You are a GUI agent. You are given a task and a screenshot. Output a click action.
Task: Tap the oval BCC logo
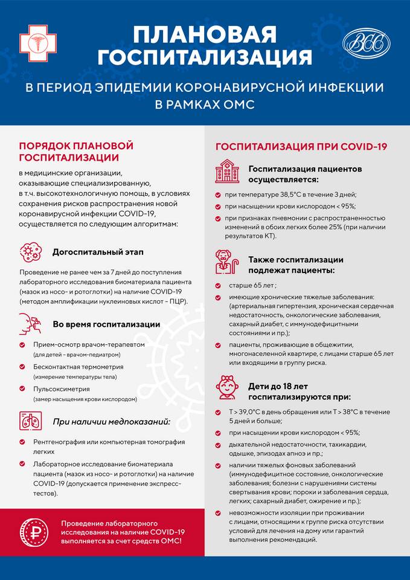(x=366, y=43)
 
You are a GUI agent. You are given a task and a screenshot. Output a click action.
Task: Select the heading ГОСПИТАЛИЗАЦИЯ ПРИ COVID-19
(x=301, y=147)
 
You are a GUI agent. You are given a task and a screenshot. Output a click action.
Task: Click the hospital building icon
(x=227, y=171)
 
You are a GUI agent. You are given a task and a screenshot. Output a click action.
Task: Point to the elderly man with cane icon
(x=227, y=262)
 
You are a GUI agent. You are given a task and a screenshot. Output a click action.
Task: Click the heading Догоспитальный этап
(x=98, y=251)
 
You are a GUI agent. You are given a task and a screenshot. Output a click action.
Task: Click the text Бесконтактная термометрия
(x=78, y=367)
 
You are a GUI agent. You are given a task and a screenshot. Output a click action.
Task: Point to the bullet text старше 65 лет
(x=252, y=285)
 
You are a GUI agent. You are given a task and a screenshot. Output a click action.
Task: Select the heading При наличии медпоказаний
(x=111, y=421)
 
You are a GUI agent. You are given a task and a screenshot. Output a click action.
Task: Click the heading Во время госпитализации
(x=106, y=324)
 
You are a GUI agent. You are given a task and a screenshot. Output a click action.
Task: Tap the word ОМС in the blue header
(x=237, y=105)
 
